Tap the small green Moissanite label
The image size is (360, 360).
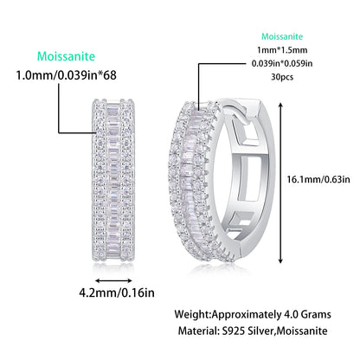tap(282, 38)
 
